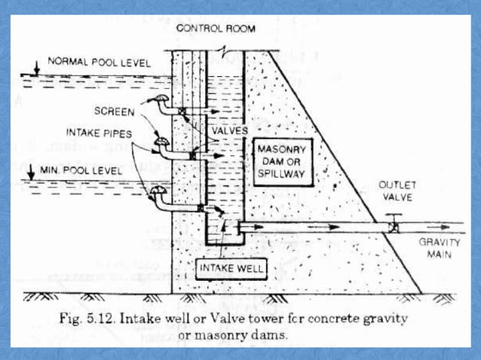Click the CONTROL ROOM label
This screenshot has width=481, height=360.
(x=215, y=29)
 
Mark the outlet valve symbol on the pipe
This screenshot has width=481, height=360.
(x=392, y=224)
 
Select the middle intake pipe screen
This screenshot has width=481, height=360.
(x=160, y=141)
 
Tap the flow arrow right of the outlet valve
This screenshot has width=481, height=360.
(x=433, y=225)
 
